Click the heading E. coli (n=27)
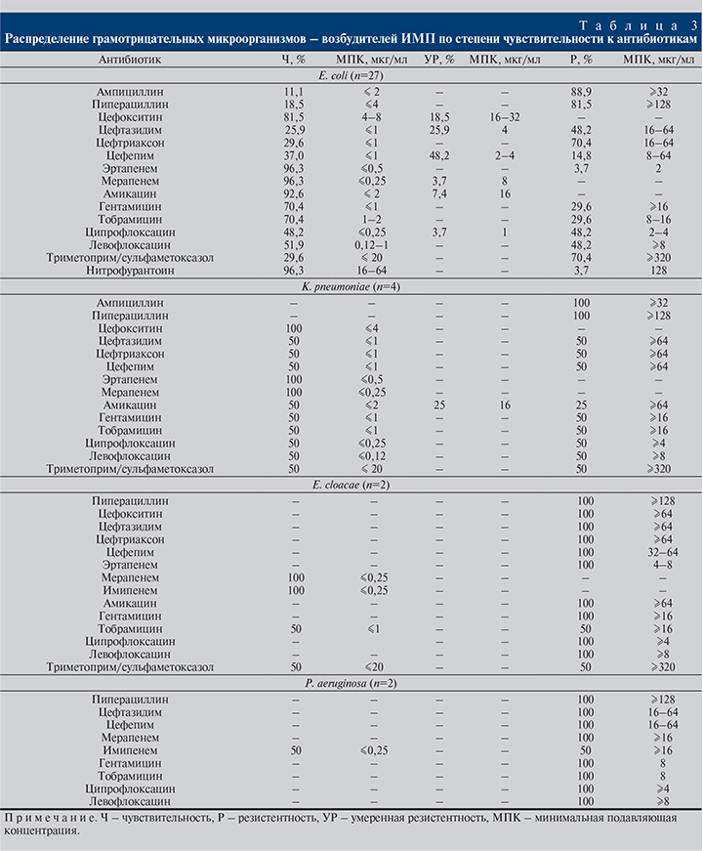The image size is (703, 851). (351, 75)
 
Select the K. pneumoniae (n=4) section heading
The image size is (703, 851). (351, 289)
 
